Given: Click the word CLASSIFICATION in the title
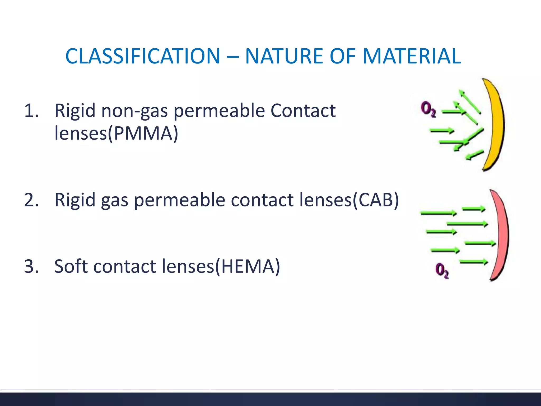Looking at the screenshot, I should click(143, 56).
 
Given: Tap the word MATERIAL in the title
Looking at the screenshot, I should click(412, 56).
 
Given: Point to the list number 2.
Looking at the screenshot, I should click(31, 200).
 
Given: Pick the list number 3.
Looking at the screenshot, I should click(31, 266).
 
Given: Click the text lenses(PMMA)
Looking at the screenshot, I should click(116, 133).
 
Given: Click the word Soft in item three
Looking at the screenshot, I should click(71, 266).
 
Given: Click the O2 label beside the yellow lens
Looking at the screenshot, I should click(428, 109).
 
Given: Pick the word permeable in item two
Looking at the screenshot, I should click(179, 200).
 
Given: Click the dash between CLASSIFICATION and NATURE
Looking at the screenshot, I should click(232, 57).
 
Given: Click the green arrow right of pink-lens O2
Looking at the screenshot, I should click(474, 262).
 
